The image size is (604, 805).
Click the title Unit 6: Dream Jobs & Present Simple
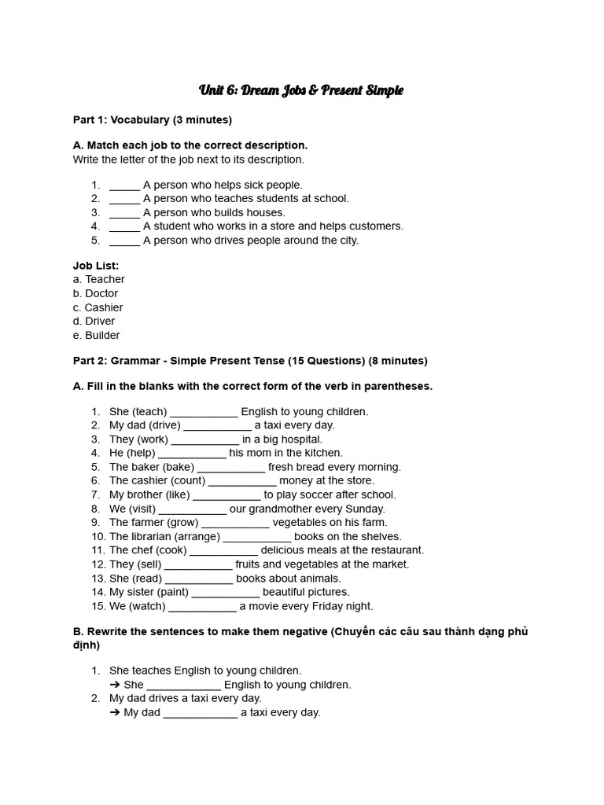tap(301, 90)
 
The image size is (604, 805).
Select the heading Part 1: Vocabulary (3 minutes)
tap(152, 119)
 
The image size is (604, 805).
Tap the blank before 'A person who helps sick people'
tap(124, 186)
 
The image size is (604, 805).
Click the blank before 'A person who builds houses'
tap(124, 213)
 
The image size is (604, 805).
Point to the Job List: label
tap(96, 266)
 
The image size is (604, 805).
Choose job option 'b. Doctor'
tap(95, 293)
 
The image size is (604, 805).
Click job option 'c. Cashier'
tap(98, 307)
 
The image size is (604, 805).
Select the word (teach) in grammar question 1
tap(149, 411)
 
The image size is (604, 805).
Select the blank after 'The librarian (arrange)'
tap(257, 536)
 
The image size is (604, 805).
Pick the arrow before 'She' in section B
tap(115, 685)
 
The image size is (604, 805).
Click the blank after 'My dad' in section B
tap(200, 713)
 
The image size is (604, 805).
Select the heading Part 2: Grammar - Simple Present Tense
tap(250, 361)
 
